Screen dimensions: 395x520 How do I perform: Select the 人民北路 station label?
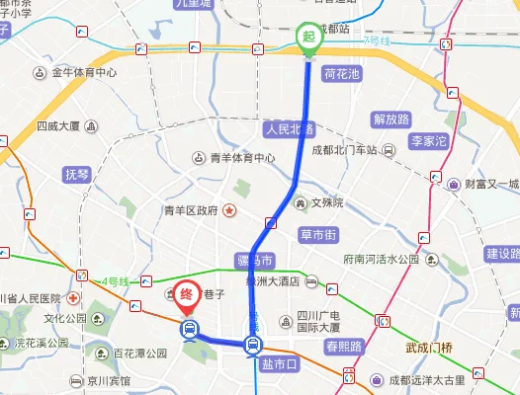(x=288, y=129)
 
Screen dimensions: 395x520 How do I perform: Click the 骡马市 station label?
(x=254, y=261)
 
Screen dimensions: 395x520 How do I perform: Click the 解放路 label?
(x=390, y=119)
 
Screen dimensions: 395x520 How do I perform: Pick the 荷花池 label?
(x=341, y=74)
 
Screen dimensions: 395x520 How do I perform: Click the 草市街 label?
(x=318, y=235)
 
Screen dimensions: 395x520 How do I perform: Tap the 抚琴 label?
(x=77, y=174)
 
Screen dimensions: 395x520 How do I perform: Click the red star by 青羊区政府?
(x=229, y=210)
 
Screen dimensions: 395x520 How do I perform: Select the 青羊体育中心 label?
(x=243, y=158)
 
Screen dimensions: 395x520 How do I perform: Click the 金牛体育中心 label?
(x=84, y=73)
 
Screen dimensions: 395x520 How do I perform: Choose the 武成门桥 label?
(x=428, y=348)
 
